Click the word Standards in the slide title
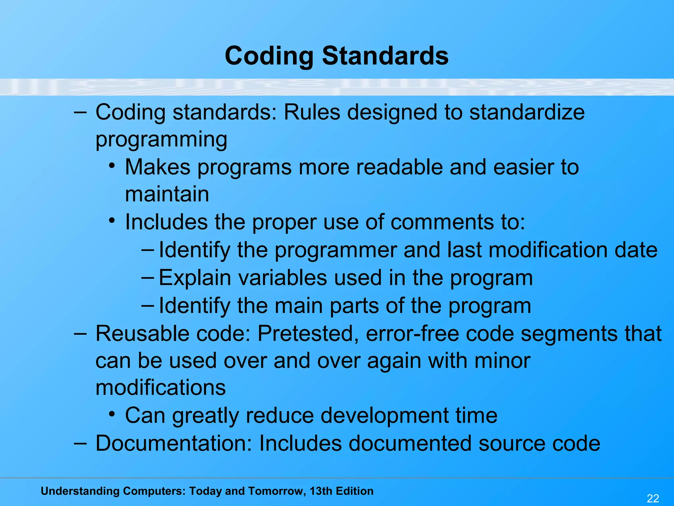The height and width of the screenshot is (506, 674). click(x=385, y=56)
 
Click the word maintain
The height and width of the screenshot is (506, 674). click(x=167, y=194)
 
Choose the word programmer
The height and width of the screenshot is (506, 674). click(x=336, y=250)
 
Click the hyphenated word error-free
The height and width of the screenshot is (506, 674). click(x=412, y=333)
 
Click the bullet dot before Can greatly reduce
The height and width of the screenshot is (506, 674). click(x=112, y=413)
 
